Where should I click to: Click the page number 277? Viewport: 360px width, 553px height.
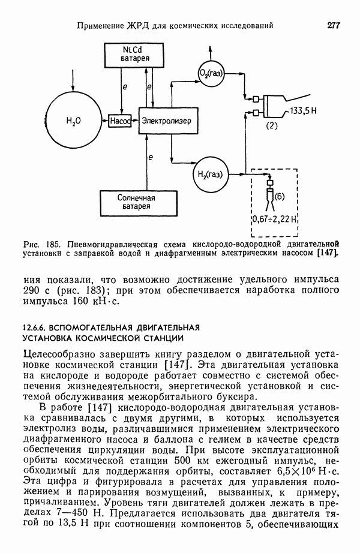point(334,25)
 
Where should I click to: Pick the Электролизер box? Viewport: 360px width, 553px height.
point(166,121)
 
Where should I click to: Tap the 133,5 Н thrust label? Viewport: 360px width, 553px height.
point(304,112)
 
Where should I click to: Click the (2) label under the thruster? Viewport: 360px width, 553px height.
point(272,126)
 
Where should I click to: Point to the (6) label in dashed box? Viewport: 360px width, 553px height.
point(281,195)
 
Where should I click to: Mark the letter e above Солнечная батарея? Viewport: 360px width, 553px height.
point(151,157)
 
